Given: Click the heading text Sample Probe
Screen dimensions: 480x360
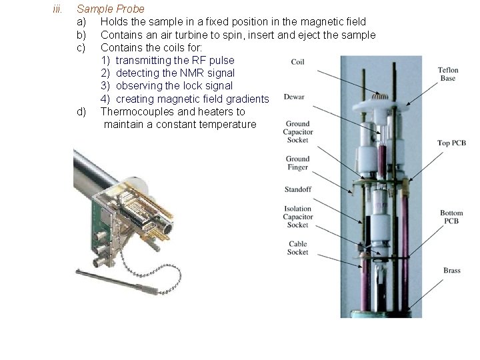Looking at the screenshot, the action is point(111,9).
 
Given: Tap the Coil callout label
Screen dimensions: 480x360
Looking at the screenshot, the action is point(297,62).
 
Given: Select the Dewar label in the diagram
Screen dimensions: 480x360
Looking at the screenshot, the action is point(294,97).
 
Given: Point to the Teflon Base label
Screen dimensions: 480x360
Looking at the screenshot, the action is point(448,74).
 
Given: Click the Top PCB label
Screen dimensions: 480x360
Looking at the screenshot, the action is point(451,143).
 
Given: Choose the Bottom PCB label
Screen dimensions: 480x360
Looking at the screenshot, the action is point(451,217).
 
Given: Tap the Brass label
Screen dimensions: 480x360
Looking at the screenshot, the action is point(452,270).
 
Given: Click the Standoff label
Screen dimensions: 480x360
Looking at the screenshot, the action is point(298,189).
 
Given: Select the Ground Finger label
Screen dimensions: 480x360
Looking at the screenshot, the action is point(297,163).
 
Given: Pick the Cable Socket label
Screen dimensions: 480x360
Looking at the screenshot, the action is point(297,248).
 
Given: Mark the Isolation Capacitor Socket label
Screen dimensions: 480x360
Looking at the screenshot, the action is point(298,217).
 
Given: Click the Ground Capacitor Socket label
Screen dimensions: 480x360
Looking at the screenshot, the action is point(298,132).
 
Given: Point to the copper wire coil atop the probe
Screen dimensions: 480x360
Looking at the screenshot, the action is point(380,96).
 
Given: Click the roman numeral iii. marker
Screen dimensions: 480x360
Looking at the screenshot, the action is point(57,9).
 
